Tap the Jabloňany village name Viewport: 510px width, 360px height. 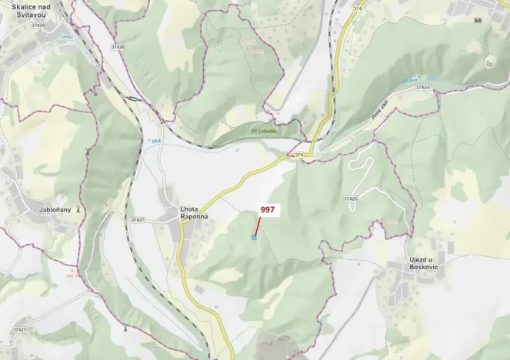click(x=55, y=209)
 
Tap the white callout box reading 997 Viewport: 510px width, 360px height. click(x=267, y=209)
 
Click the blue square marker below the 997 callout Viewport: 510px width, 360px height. click(x=254, y=238)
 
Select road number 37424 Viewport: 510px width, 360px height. click(x=422, y=88)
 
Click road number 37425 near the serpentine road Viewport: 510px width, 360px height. click(x=351, y=199)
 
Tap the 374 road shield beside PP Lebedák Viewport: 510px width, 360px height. click(x=299, y=155)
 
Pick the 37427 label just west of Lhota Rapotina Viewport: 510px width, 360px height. click(x=138, y=220)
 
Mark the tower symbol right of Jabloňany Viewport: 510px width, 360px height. click(x=78, y=209)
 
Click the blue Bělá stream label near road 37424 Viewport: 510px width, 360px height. click(x=413, y=79)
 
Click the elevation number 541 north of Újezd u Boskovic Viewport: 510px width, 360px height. click(x=392, y=222)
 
